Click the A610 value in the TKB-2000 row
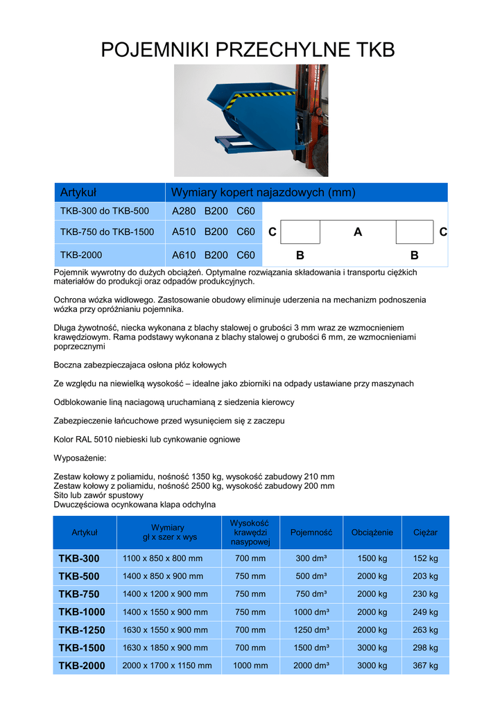point(184,255)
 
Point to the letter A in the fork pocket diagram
point(358,232)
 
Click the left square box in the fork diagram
point(302,232)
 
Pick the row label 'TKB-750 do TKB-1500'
point(107,232)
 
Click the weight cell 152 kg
point(425,559)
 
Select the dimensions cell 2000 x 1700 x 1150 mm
point(167,666)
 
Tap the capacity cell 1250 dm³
point(311,630)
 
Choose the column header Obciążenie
point(372,532)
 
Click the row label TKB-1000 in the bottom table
point(82,612)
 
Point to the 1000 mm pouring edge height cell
point(250,666)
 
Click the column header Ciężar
point(425,532)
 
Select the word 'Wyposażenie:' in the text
point(80,458)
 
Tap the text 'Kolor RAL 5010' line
point(147,440)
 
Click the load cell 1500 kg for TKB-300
point(372,559)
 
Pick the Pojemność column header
point(311,532)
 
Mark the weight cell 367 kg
point(425,666)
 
